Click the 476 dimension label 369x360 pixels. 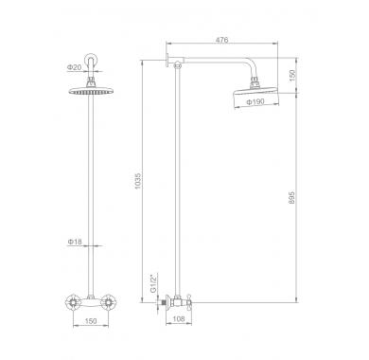point(221,40)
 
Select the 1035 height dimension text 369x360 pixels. point(138,181)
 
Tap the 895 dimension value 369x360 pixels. point(291,197)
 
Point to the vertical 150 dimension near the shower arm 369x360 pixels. point(292,76)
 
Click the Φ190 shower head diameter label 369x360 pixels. point(255,101)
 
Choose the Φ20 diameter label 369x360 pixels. point(74,67)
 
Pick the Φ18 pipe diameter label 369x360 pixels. point(75,242)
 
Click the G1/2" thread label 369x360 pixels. point(153,283)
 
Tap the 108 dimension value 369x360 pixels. point(179,319)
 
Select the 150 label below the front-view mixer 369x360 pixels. point(91,321)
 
